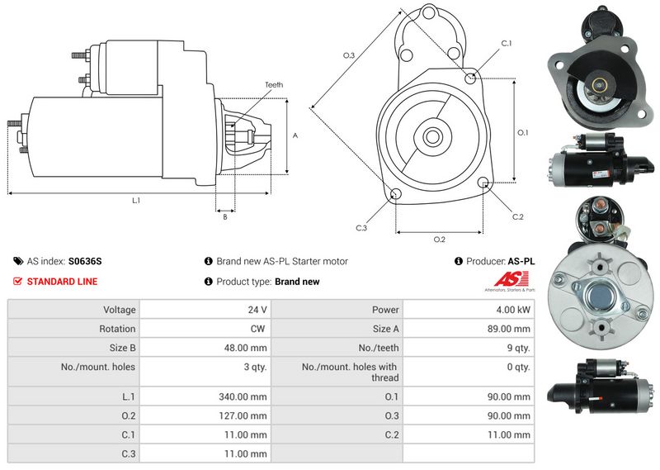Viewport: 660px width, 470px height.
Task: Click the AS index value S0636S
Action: pos(85,261)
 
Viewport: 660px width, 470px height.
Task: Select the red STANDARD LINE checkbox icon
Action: pos(17,281)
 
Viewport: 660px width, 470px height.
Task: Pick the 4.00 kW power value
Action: pos(513,310)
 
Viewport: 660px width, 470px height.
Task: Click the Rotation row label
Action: pos(117,329)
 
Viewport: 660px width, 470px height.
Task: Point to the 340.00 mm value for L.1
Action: pos(243,396)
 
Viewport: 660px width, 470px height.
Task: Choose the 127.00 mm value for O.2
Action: pos(243,415)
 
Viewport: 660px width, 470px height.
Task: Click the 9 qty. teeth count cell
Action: pos(519,348)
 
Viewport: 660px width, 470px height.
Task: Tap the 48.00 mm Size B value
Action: pos(245,348)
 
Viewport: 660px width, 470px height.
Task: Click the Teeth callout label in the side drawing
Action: pos(274,85)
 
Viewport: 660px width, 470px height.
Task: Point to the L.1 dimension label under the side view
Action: pos(136,201)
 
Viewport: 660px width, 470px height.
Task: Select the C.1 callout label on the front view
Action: pos(507,44)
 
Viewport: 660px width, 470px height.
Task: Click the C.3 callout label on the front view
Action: pos(361,228)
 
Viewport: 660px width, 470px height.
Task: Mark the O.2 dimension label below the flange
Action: pos(440,240)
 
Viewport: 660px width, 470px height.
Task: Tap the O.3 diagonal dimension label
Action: pos(349,55)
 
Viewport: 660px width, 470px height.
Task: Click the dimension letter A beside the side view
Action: pos(295,135)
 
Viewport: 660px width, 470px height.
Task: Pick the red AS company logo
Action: pos(511,279)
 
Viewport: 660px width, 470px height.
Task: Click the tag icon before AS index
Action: pos(18,261)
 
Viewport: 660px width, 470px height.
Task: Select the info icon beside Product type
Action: pos(209,281)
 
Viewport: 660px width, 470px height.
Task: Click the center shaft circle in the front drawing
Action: pos(431,136)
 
